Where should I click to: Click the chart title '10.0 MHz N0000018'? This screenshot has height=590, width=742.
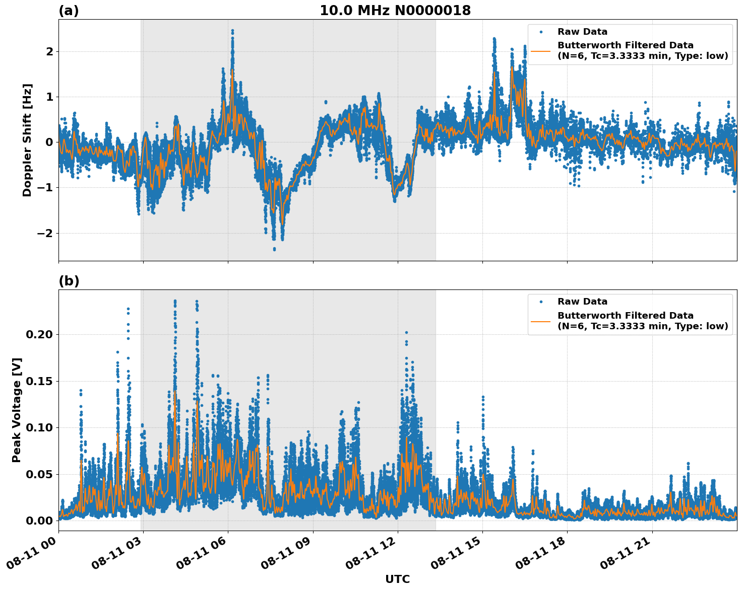coord(395,11)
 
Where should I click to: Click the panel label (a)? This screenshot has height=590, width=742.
coord(69,11)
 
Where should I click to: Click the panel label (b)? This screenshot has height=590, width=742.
coord(69,281)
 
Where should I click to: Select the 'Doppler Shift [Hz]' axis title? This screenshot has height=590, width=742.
coord(27,140)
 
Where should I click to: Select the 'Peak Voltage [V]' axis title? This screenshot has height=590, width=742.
coord(17,410)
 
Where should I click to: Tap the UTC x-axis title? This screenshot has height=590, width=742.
coord(397,579)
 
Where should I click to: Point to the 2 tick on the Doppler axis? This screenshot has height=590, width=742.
coord(49,51)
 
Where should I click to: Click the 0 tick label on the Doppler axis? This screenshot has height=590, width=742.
coord(49,142)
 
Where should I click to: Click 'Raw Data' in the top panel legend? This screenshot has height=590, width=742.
coord(582,32)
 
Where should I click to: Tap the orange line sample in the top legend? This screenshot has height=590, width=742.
coord(541,51)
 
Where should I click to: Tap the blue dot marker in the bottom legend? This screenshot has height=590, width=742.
coord(541,302)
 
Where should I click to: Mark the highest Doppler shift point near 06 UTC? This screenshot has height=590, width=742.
coord(232,31)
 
